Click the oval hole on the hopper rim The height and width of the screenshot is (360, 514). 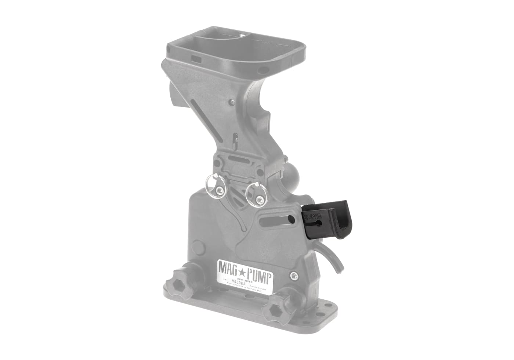263,69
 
